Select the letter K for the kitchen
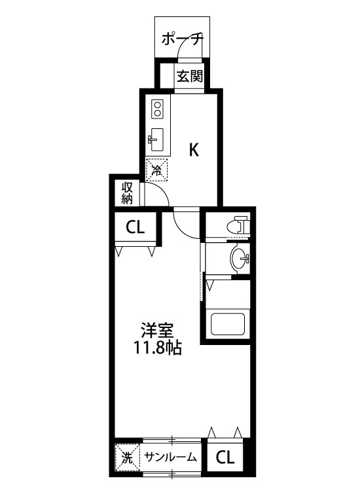tap(194, 150)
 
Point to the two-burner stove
tap(158, 108)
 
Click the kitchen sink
tap(157, 138)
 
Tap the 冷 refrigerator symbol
tap(157, 171)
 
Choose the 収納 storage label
tap(127, 192)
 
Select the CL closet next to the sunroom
tap(225, 457)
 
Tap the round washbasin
tap(239, 259)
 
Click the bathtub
tap(226, 323)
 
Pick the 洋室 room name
tap(158, 331)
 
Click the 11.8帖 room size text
tap(158, 348)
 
